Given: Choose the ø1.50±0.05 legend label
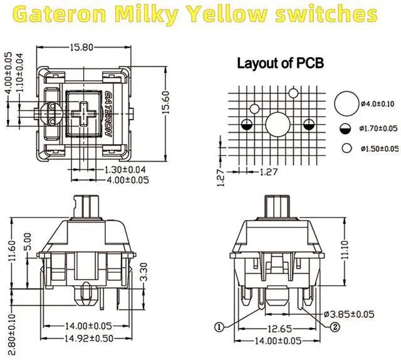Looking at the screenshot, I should [379, 149].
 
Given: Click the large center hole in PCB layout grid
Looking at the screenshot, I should [277, 124].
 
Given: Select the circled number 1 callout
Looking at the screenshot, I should [219, 326].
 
